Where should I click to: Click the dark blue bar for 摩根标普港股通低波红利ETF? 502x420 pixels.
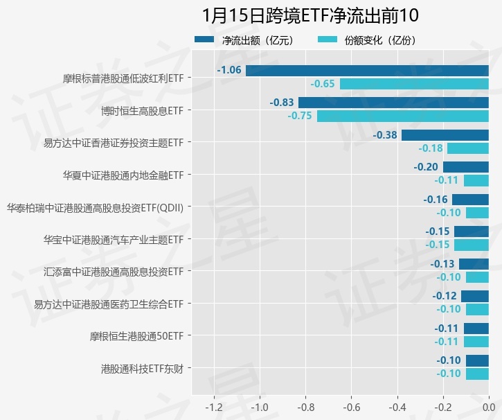(x=367, y=70)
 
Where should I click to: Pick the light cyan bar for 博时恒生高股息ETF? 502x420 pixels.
(x=403, y=116)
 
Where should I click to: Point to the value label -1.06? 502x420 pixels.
(x=229, y=70)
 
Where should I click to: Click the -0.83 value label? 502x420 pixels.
(x=282, y=102)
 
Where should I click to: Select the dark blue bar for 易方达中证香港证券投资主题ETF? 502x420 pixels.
(x=445, y=135)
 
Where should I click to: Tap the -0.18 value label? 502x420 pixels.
(x=431, y=148)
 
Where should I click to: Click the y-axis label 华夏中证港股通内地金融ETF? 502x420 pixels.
(x=123, y=175)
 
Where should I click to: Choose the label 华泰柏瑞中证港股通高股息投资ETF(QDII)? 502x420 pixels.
(x=95, y=207)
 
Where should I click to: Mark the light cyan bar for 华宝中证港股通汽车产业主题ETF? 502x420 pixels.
(x=471, y=245)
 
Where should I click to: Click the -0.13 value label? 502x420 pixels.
(x=442, y=264)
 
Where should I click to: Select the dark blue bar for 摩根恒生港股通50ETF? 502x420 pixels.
(x=476, y=329)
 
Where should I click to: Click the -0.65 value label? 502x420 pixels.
(x=323, y=84)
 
